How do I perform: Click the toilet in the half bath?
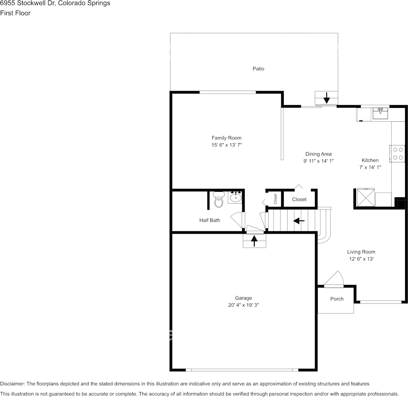219,200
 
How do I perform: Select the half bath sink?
235,197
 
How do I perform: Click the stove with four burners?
398,153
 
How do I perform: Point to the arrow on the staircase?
299,220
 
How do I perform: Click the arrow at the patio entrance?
327,98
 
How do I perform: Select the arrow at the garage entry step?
254,241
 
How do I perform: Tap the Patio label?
259,68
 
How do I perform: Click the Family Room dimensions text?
227,145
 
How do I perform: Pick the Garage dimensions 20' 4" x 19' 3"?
243,306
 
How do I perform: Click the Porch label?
337,299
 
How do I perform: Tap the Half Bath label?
209,220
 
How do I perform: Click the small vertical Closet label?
275,199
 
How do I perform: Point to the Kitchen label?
370,160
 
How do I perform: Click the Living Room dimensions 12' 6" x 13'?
361,259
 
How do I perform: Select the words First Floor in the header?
15,13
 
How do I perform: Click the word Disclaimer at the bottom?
12,384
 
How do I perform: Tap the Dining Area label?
319,154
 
